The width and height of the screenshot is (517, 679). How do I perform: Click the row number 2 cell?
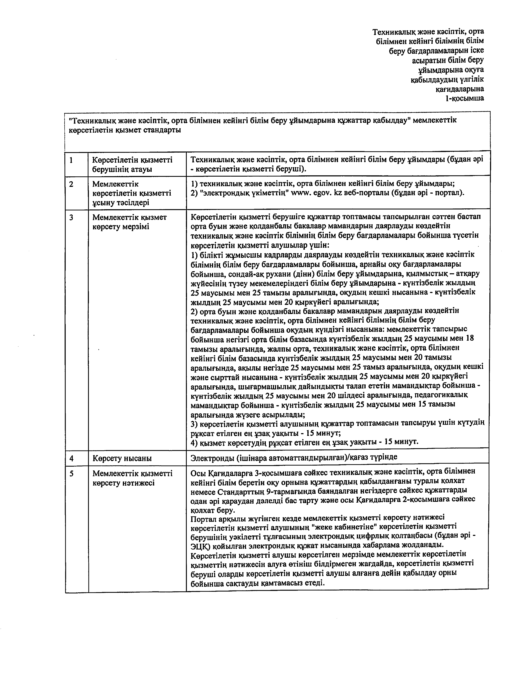71,184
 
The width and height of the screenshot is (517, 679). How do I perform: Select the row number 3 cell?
71,217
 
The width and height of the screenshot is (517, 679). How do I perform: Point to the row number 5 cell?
71,473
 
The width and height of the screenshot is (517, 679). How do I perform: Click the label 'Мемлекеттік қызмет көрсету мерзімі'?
129,222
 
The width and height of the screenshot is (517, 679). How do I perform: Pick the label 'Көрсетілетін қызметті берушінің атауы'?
132,164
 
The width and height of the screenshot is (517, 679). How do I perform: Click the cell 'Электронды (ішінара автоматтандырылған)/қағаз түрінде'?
294,457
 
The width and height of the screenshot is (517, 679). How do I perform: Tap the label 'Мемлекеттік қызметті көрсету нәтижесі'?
132,478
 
